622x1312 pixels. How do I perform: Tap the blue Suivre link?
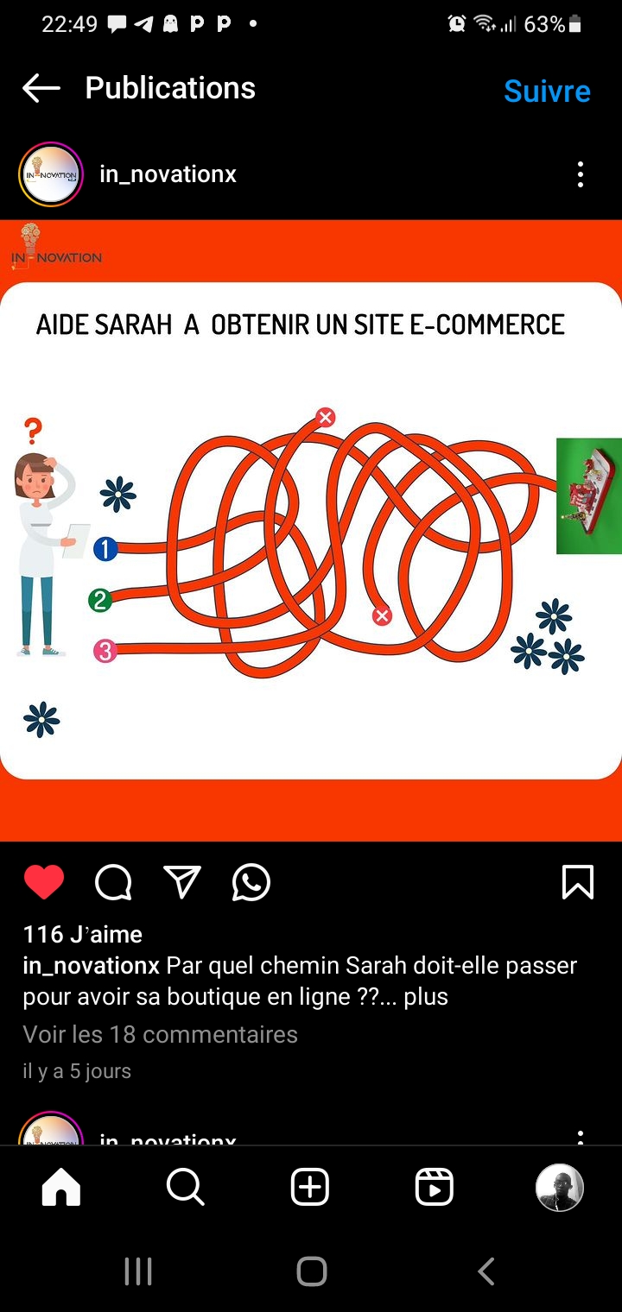[x=547, y=91]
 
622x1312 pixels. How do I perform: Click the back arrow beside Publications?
[x=41, y=88]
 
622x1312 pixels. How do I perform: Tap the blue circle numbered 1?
[x=105, y=549]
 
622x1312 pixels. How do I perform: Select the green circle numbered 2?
[x=100, y=601]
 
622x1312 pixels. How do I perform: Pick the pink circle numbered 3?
[x=105, y=651]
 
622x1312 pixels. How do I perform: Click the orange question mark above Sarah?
[x=34, y=431]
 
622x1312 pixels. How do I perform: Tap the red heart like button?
[x=44, y=881]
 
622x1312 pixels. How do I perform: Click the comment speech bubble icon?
[x=113, y=882]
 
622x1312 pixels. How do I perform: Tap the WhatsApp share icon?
[x=251, y=882]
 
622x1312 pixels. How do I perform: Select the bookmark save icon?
[x=578, y=881]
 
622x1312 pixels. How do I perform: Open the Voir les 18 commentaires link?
[x=160, y=1034]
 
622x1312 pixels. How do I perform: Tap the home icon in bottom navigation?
[x=61, y=1187]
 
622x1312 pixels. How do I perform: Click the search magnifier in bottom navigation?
[x=185, y=1187]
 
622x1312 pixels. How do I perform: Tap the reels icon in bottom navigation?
[x=434, y=1187]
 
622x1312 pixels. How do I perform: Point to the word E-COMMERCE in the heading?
[x=487, y=325]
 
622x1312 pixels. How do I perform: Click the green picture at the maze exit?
[x=588, y=496]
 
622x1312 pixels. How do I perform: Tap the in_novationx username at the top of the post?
[x=168, y=174]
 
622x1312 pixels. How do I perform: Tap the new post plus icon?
[x=309, y=1187]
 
